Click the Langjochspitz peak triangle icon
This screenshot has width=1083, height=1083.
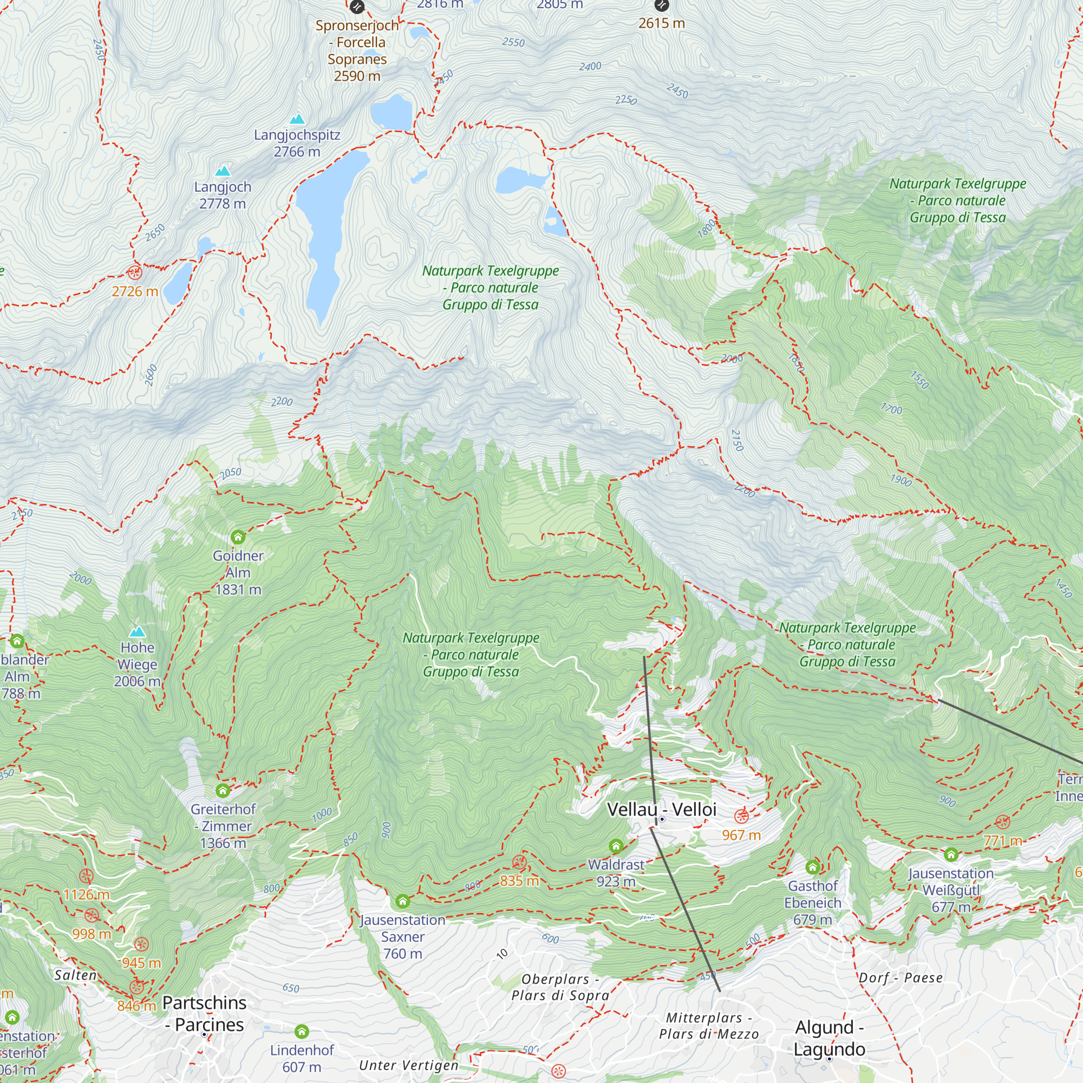(297, 119)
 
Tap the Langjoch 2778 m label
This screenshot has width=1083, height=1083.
(223, 195)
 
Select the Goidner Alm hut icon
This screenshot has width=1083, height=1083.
(238, 537)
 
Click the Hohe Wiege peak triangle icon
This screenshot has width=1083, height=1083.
(138, 632)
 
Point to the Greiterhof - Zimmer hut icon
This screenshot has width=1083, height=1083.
(223, 791)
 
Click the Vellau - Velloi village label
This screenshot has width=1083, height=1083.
(662, 810)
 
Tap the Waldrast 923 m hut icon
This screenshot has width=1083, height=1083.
(616, 846)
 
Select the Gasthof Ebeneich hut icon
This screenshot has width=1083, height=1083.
(813, 867)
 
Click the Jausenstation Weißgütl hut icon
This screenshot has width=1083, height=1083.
(951, 855)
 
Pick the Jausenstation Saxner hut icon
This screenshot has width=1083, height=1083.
(402, 902)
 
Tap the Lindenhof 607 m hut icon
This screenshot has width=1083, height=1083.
(302, 1032)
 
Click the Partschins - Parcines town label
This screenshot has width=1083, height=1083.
(204, 1014)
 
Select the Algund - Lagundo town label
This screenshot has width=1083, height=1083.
(829, 1038)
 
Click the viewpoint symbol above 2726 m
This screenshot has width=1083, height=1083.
(134, 273)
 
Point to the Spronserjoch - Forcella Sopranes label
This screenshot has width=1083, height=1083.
(357, 50)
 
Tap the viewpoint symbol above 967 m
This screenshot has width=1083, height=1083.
(742, 816)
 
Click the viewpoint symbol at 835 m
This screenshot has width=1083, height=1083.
(520, 862)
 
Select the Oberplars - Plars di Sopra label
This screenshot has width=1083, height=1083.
(560, 987)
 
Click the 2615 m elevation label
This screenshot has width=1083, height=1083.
(662, 23)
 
